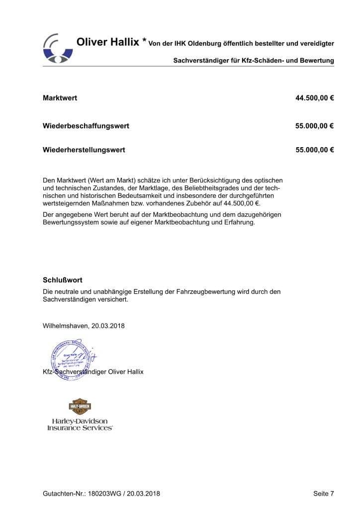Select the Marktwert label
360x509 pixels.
pyautogui.click(x=60, y=98)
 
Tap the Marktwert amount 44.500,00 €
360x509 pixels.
pyautogui.click(x=314, y=98)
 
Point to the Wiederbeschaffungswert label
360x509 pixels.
pyautogui.click(x=86, y=126)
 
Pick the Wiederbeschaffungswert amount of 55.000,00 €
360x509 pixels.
pyautogui.click(x=314, y=126)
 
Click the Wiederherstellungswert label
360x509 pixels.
pyautogui.click(x=84, y=150)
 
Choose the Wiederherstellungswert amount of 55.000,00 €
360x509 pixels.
pyautogui.click(x=314, y=150)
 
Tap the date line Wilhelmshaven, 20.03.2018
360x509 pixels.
pyautogui.click(x=84, y=326)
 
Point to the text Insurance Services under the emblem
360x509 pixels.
pyautogui.click(x=80, y=427)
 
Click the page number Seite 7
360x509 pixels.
pyautogui.click(x=324, y=494)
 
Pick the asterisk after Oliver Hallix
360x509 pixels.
pyautogui.click(x=144, y=42)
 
